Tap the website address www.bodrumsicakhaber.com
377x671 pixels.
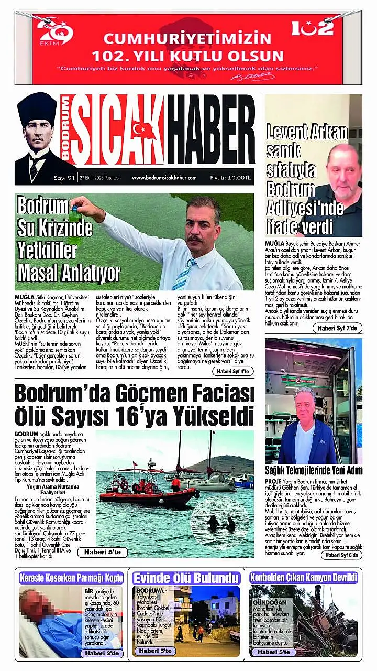click(x=164, y=178)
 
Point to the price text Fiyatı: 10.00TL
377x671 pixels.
click(x=230, y=178)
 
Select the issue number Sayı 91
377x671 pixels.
click(x=65, y=178)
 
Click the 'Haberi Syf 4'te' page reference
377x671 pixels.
click(x=233, y=371)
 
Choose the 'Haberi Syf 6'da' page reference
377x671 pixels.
click(x=340, y=555)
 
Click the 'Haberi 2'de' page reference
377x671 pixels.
click(x=102, y=653)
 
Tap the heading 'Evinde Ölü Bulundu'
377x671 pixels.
click(x=186, y=578)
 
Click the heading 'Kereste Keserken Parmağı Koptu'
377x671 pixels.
click(x=71, y=578)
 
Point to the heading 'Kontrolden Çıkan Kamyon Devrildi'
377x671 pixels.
click(x=304, y=578)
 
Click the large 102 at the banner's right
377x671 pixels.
click(x=312, y=27)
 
